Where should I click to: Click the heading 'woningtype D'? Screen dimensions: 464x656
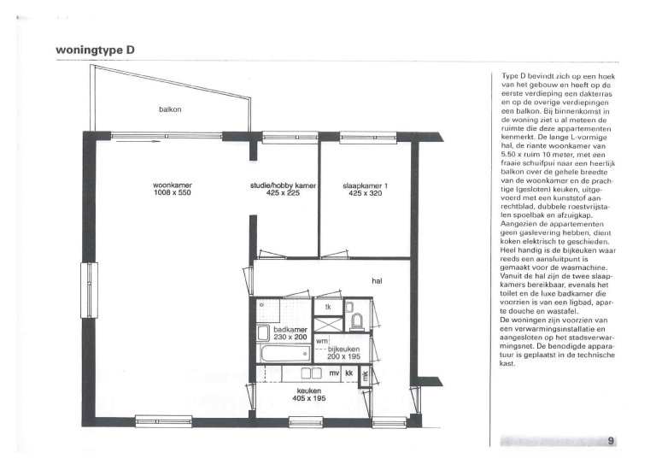(94, 50)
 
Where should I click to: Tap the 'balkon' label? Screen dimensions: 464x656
(170, 109)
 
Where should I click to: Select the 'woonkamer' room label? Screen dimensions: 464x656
(171, 185)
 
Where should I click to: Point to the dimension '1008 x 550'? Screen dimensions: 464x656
(172, 193)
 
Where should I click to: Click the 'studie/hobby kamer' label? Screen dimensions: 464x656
(284, 185)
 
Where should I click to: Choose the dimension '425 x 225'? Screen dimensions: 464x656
(284, 193)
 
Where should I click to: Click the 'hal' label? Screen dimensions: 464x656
(376, 279)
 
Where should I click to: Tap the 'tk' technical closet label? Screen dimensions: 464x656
(326, 308)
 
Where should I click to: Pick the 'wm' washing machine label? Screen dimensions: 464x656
(321, 342)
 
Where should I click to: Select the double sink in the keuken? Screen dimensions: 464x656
(310, 373)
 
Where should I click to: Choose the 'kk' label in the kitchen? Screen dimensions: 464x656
(348, 373)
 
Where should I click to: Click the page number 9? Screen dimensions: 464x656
(612, 441)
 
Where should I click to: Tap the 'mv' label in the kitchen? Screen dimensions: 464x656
(335, 373)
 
